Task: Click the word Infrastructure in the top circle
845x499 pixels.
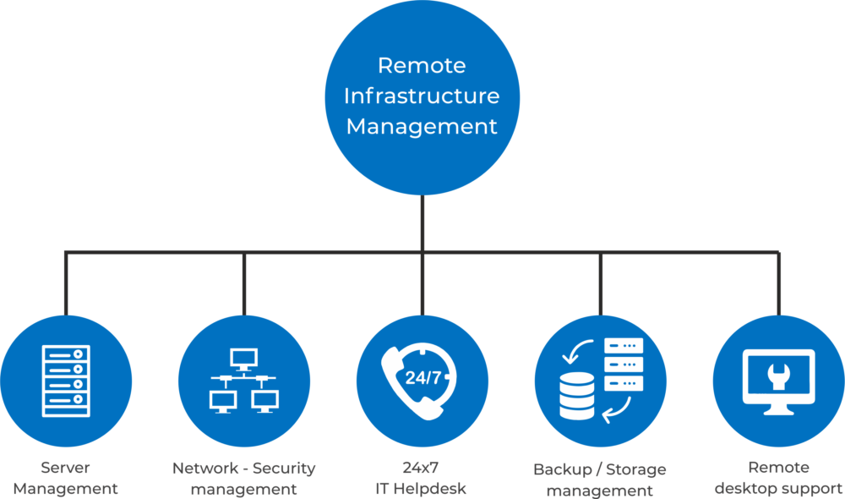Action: (422, 96)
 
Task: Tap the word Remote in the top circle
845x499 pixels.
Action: (422, 65)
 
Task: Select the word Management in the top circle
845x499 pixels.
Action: (422, 127)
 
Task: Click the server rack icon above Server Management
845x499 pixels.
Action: (65, 381)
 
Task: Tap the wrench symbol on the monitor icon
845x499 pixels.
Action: (778, 374)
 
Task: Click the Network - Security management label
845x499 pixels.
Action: (243, 478)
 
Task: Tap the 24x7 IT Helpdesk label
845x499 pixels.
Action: (421, 478)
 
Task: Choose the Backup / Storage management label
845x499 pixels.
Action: (599, 480)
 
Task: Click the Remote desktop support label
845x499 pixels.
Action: (778, 478)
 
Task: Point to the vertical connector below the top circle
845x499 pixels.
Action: (421, 224)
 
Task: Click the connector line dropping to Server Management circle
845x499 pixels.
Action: (65, 283)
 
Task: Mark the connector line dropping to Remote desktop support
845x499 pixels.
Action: (778, 283)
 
